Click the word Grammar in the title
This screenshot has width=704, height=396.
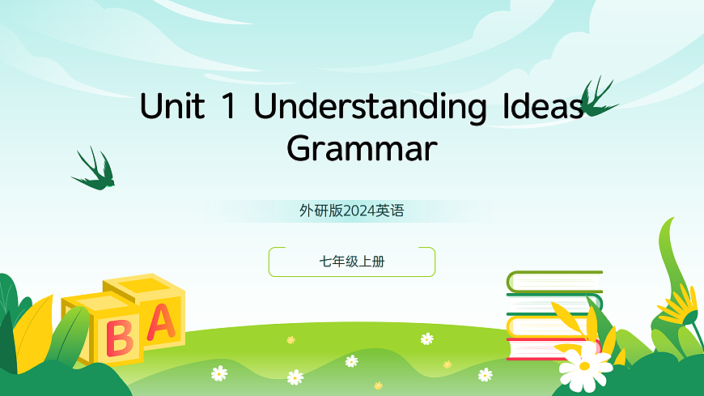[x=362, y=149]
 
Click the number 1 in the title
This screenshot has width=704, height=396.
[x=230, y=108]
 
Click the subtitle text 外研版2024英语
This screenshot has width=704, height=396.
[x=351, y=211]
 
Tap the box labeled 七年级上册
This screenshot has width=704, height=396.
[x=352, y=262]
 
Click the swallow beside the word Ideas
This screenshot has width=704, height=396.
[x=597, y=98]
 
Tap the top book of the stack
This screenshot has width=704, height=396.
[x=554, y=281]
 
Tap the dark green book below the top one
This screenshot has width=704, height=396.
[x=554, y=304]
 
